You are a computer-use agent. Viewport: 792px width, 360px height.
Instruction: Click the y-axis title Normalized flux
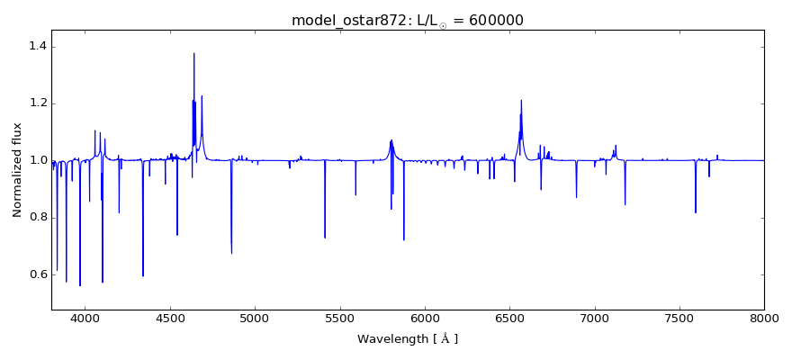point(17,170)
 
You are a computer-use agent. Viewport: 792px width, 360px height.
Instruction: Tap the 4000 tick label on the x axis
point(85,319)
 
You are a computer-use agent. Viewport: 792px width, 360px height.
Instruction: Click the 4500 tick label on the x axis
point(170,319)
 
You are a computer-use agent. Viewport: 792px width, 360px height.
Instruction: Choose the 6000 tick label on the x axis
point(425,319)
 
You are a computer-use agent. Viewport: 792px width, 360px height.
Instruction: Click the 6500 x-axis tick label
point(509,319)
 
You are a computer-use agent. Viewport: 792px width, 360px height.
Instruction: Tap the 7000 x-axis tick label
point(594,319)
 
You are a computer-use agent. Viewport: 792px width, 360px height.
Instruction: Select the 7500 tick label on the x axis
point(679,319)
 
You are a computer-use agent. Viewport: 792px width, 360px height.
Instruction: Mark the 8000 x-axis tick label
point(763,319)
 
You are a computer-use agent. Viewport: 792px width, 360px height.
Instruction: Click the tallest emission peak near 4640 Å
point(193,54)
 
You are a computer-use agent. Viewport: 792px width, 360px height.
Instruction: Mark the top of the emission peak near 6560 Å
point(521,101)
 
